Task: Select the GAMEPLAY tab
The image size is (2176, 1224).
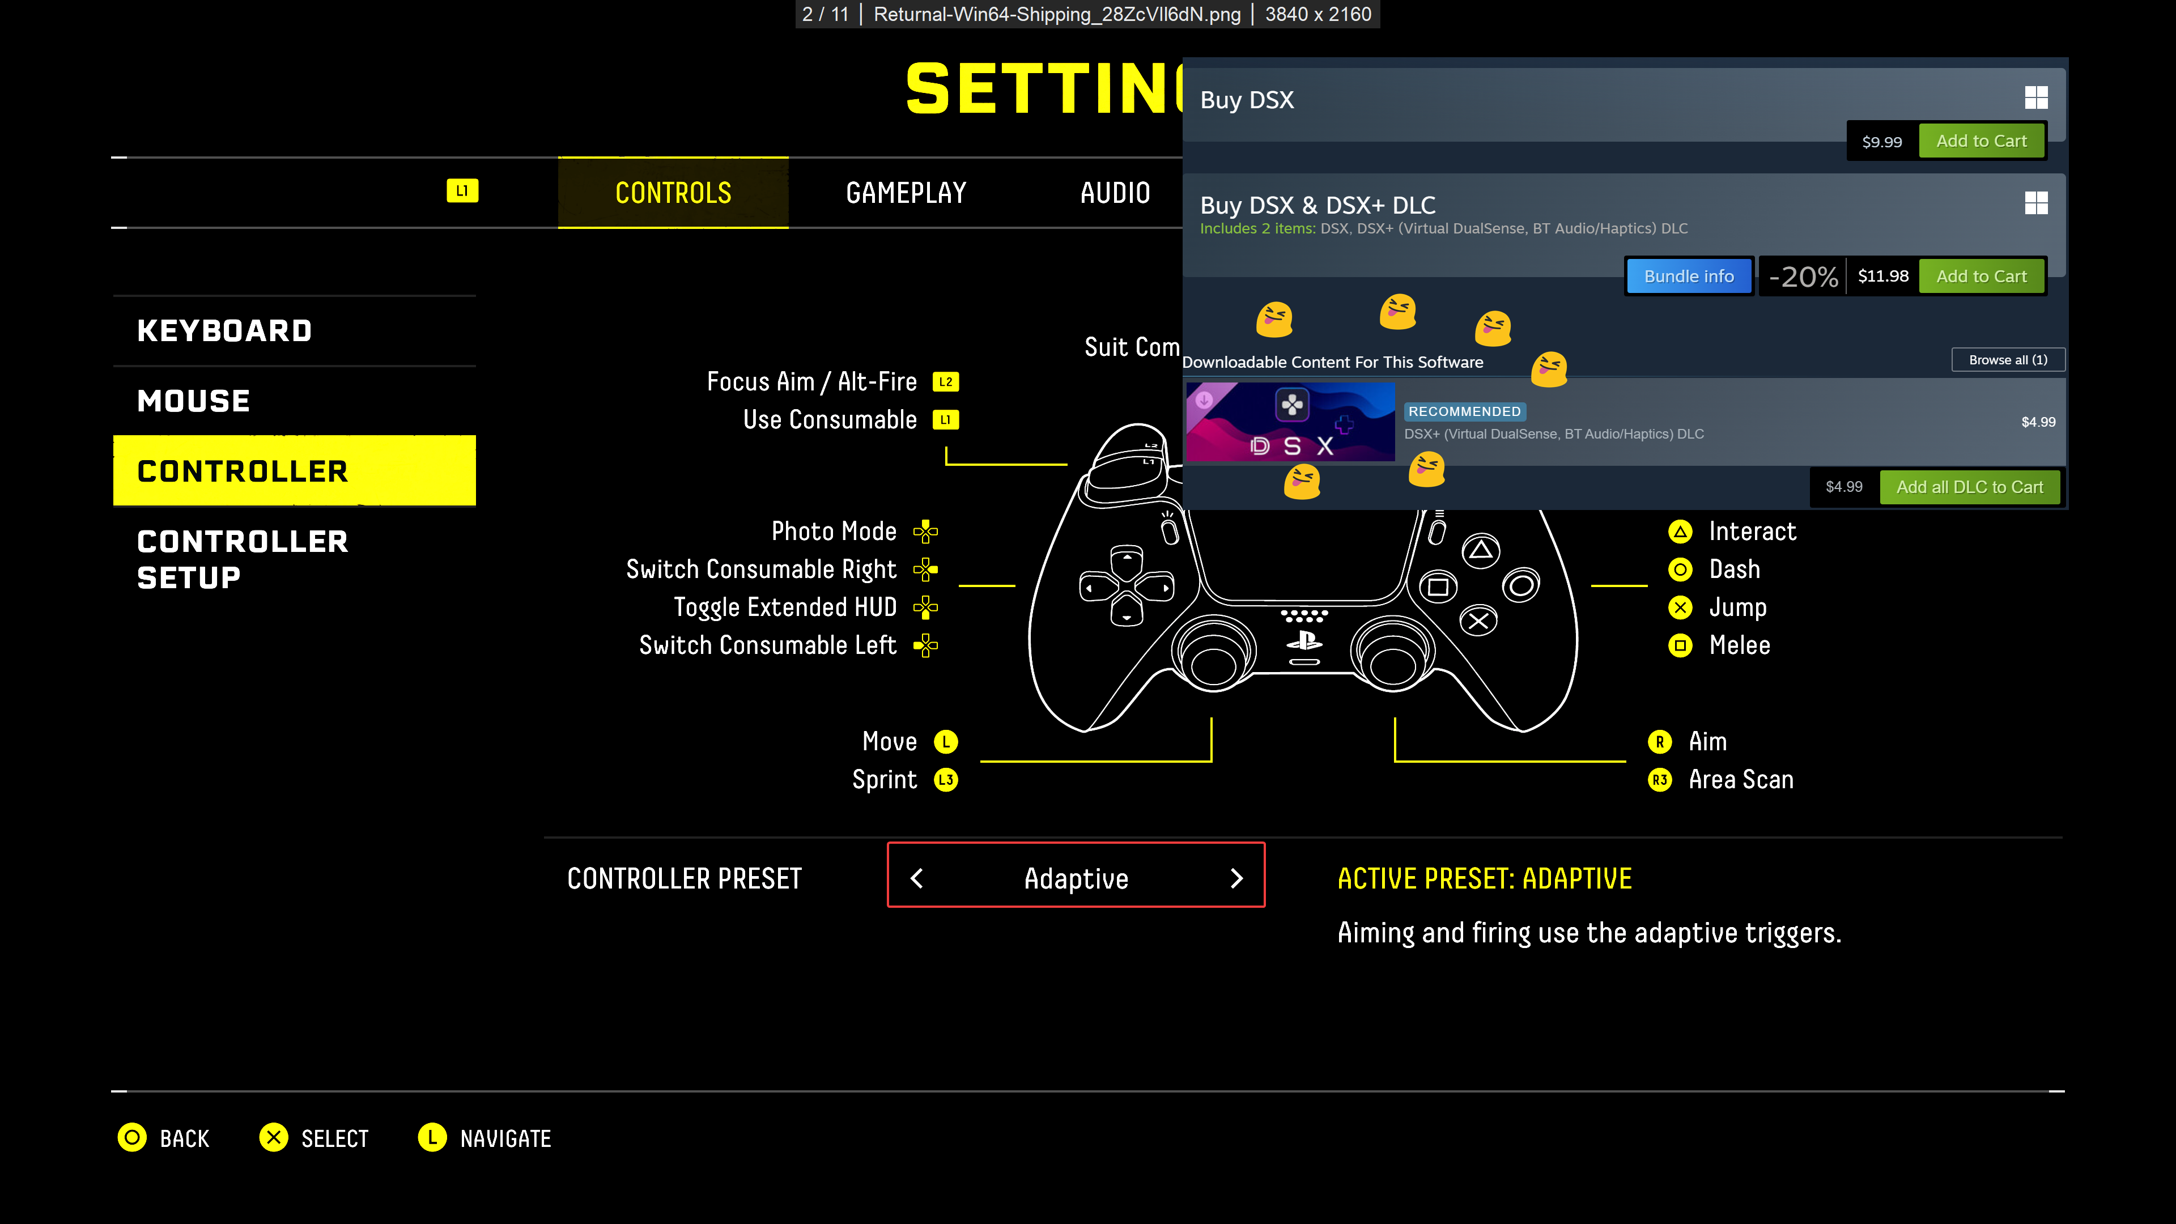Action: (906, 193)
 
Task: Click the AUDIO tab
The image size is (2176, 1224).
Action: (1115, 193)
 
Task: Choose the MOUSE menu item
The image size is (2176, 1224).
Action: (193, 401)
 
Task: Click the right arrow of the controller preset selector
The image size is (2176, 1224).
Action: (1236, 878)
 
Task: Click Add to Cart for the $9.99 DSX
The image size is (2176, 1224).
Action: (1981, 141)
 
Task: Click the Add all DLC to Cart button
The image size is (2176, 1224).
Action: (1969, 487)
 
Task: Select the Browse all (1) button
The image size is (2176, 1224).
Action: (2007, 360)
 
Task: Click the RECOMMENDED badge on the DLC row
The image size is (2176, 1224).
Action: (1464, 411)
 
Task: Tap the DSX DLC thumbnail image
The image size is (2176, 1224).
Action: (1290, 422)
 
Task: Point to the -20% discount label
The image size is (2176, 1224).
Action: (1803, 276)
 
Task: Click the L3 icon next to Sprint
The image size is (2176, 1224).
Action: (945, 780)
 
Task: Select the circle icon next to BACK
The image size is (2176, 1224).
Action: (132, 1138)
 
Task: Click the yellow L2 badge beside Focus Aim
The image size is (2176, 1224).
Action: (945, 382)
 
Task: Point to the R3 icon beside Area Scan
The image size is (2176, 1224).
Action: (1660, 780)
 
